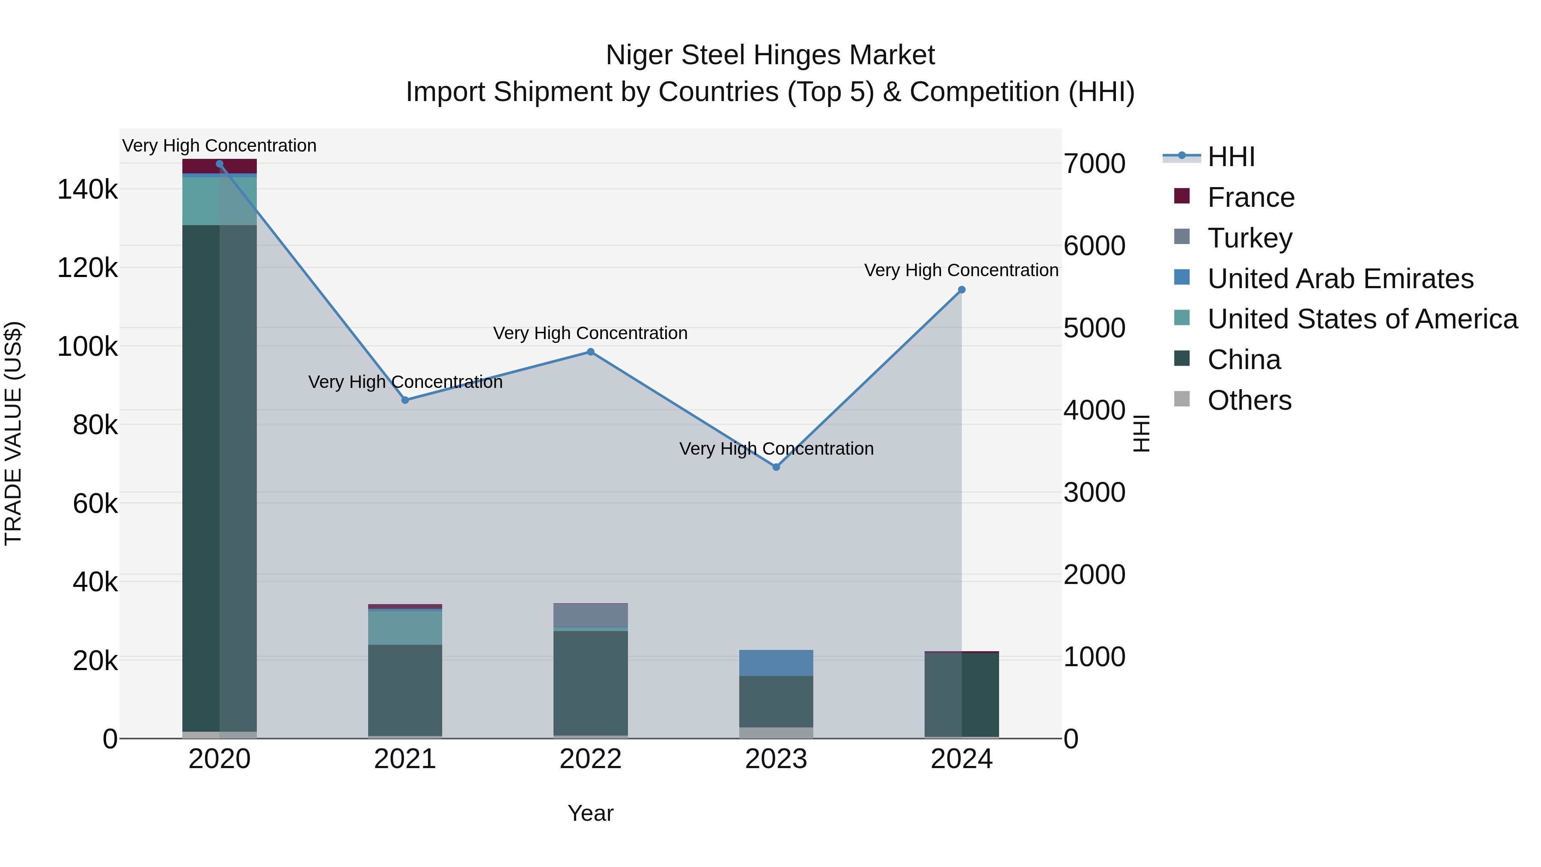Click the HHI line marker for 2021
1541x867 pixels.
pyautogui.click(x=405, y=400)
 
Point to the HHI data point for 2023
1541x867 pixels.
pyautogui.click(x=776, y=467)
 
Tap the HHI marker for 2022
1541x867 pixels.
pyautogui.click(x=590, y=352)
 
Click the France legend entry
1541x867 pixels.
pyautogui.click(x=1250, y=197)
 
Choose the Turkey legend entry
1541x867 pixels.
pyautogui.click(x=1249, y=238)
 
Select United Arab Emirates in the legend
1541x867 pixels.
pyautogui.click(x=1340, y=279)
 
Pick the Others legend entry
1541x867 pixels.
pyautogui.click(x=1249, y=400)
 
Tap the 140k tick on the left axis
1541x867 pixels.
pyautogui.click(x=87, y=190)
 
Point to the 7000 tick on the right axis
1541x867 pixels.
pyautogui.click(x=1094, y=164)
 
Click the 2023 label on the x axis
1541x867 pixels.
pyautogui.click(x=776, y=759)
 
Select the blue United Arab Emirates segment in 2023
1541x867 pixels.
pyautogui.click(x=776, y=663)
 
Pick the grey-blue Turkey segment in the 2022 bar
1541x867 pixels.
pyautogui.click(x=590, y=615)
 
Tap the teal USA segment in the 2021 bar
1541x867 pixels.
pyautogui.click(x=405, y=628)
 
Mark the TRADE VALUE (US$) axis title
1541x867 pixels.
pyautogui.click(x=13, y=433)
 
